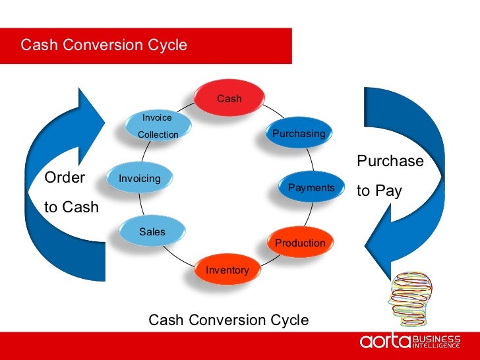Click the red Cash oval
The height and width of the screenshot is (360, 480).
click(229, 98)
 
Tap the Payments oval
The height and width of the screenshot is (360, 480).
click(311, 187)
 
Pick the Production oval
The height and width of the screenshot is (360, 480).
click(300, 242)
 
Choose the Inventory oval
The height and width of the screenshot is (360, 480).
click(227, 269)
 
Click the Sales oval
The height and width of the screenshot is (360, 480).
click(152, 231)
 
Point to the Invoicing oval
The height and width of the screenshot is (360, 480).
click(139, 178)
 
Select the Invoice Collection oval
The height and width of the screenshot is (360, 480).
click(158, 126)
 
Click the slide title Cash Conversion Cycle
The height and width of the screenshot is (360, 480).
click(104, 45)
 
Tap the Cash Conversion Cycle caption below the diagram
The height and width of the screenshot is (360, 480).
click(228, 320)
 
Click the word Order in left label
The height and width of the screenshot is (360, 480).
click(65, 178)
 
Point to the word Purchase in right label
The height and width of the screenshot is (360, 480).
click(390, 162)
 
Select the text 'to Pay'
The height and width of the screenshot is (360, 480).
click(379, 191)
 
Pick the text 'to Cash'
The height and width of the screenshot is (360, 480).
click(71, 207)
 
